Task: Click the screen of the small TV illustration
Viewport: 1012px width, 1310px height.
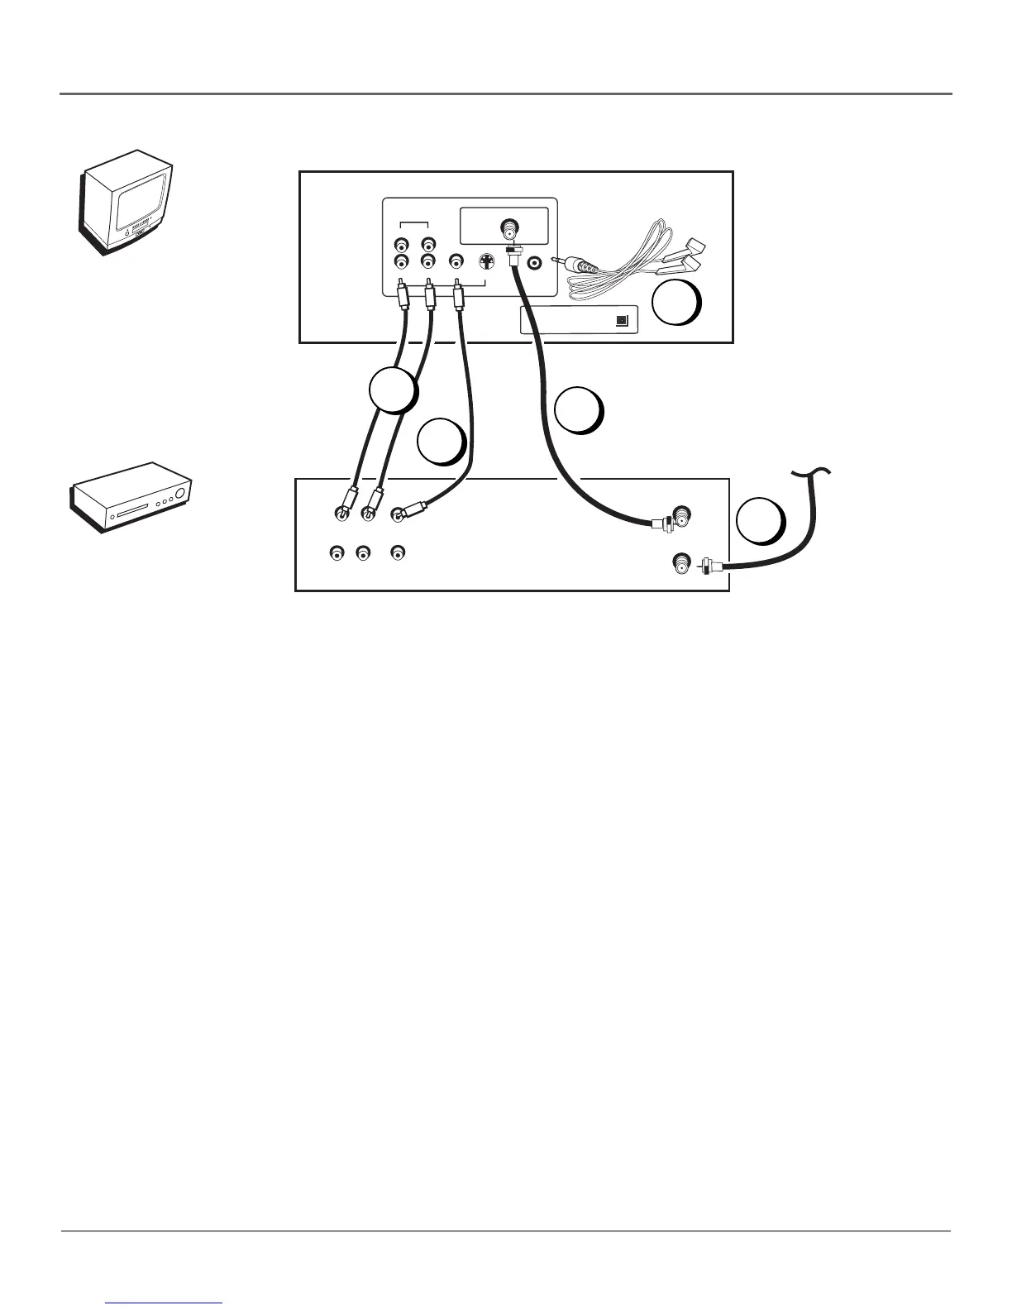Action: coord(143,201)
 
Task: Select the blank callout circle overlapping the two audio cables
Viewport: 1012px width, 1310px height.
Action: coord(392,390)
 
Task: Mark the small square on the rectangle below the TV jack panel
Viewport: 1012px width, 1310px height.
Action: coord(623,320)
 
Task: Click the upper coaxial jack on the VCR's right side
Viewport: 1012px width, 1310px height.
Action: coord(683,514)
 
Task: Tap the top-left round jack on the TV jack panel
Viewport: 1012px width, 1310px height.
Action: coord(401,245)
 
